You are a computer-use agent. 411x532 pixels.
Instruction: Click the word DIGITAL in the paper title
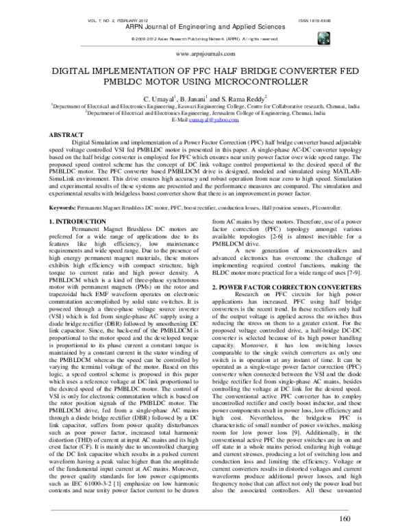(x=77, y=71)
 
